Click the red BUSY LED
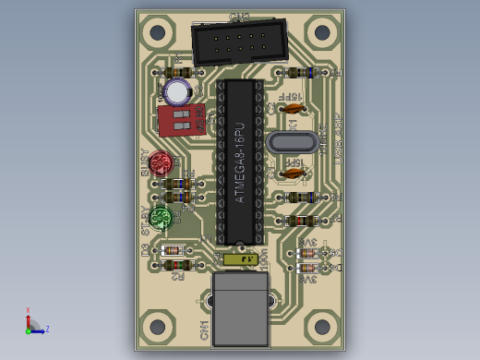pyautogui.click(x=162, y=164)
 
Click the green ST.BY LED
pyautogui.click(x=162, y=218)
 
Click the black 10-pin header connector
pyautogui.click(x=238, y=42)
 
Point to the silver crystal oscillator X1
pyautogui.click(x=292, y=142)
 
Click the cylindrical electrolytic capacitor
pyautogui.click(x=177, y=90)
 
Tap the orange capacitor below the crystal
pyautogui.click(x=293, y=172)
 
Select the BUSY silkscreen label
pyautogui.click(x=145, y=163)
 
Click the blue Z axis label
pyautogui.click(x=47, y=329)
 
